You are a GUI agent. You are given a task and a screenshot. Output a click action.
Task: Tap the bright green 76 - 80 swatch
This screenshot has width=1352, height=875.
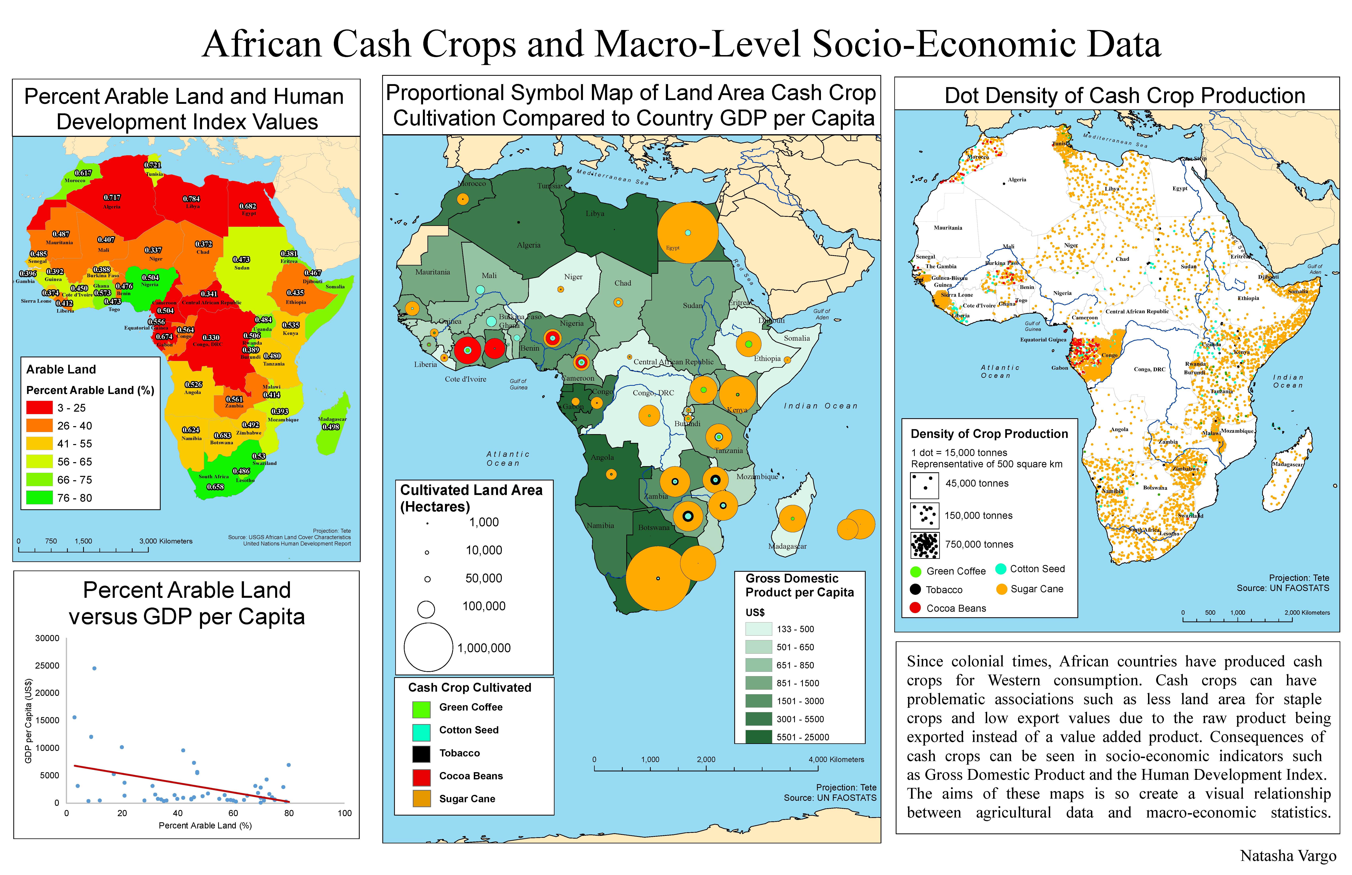[39, 498]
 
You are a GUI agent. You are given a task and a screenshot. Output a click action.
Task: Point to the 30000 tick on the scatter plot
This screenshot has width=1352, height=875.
[47, 638]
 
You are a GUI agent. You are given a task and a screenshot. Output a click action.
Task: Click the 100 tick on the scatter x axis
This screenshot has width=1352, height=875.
[344, 813]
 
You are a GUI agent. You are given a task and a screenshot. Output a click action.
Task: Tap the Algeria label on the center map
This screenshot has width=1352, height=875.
[528, 245]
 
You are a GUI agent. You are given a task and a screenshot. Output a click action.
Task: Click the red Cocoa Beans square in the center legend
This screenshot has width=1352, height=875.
[421, 776]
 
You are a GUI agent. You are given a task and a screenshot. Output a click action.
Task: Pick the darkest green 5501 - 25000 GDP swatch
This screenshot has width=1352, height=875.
[758, 737]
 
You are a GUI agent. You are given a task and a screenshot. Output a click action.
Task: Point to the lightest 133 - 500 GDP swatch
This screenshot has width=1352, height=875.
[758, 629]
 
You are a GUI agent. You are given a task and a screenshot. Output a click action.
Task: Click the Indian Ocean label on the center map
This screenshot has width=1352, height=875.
[820, 406]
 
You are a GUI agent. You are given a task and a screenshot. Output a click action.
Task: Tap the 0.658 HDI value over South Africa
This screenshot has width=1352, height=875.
[215, 487]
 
